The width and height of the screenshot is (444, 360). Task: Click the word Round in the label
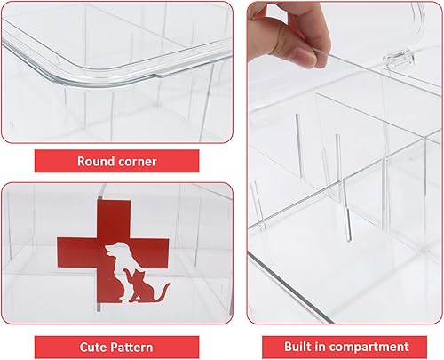(97, 162)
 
